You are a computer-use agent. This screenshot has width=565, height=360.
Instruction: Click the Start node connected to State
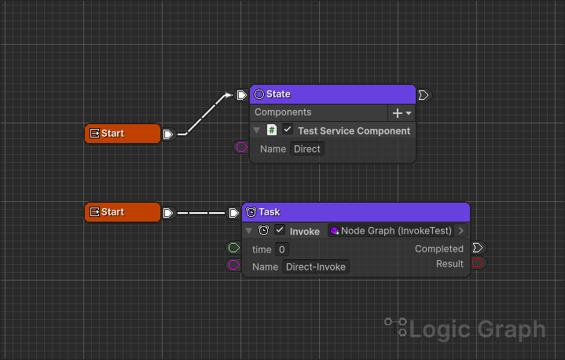[x=123, y=134]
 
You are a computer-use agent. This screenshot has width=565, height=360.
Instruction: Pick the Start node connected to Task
[x=123, y=212]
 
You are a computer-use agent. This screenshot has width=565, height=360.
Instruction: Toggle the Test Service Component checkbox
[x=288, y=130]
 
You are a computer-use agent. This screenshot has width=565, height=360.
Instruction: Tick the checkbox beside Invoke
[x=280, y=231]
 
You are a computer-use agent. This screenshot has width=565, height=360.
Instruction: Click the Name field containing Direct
[x=307, y=149]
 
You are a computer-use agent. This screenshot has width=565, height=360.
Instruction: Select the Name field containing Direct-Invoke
[x=316, y=266]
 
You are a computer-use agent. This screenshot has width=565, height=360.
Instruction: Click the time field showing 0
[x=281, y=249]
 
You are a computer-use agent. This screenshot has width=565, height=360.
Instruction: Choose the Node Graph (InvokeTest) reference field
[x=391, y=231]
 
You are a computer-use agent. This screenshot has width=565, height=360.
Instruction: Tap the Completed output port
[x=478, y=248]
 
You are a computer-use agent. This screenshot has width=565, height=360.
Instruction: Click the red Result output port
[x=478, y=263]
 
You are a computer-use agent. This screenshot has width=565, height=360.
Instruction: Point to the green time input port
[x=233, y=248]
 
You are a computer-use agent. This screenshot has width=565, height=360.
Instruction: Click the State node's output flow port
[x=424, y=95]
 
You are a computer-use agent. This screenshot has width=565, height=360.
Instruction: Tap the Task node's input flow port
[x=234, y=212]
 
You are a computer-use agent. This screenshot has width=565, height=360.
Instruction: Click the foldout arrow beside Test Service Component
[x=257, y=130]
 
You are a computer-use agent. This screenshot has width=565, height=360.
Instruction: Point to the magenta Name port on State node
[x=241, y=147]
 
